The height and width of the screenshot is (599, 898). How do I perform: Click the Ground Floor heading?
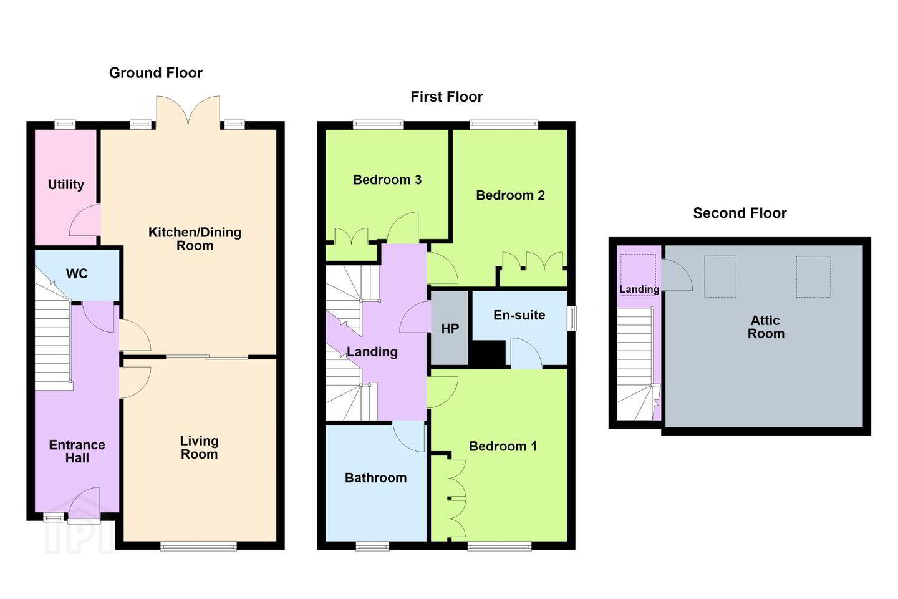(x=155, y=73)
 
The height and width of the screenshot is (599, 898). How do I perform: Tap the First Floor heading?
(x=447, y=97)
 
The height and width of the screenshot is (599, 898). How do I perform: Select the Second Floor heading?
(x=740, y=213)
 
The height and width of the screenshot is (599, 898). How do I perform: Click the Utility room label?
(x=65, y=185)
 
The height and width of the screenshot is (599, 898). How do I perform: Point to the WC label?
(x=77, y=274)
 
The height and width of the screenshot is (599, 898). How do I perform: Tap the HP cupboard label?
(x=450, y=329)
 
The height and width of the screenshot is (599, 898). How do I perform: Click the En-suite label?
(x=519, y=315)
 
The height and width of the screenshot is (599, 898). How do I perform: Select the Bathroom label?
(x=375, y=478)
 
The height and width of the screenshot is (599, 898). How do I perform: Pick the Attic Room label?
(x=766, y=327)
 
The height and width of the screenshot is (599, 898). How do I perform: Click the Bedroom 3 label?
(x=387, y=180)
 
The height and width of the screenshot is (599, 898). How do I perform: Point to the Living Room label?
(x=200, y=447)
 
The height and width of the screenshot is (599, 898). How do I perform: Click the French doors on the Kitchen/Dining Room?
(x=188, y=112)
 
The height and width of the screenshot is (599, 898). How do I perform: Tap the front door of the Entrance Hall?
(x=84, y=505)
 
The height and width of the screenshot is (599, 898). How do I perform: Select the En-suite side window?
(x=573, y=319)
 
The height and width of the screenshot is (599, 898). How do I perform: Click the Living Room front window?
(x=199, y=545)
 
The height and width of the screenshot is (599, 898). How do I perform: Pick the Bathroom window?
(x=372, y=545)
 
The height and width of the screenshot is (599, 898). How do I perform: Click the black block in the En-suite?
(x=487, y=353)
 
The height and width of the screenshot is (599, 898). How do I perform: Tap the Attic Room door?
(x=677, y=275)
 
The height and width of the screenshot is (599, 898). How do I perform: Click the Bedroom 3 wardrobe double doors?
(x=351, y=236)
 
